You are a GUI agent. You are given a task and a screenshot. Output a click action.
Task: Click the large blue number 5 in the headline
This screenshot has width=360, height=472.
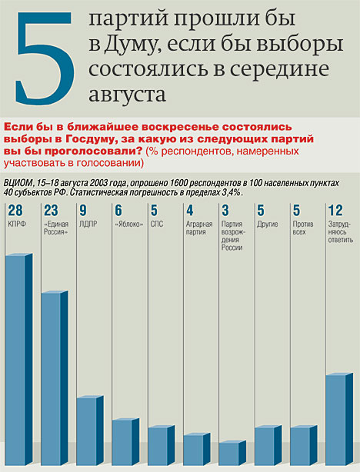click(45, 58)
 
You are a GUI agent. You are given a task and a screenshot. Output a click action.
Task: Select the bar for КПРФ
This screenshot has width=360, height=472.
click(19, 359)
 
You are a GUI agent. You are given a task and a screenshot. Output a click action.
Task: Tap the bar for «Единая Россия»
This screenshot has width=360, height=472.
click(55, 377)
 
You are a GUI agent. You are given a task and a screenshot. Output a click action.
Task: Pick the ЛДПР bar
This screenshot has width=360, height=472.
click(90, 430)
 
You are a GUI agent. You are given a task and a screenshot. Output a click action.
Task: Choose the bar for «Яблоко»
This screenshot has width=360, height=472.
click(125, 441)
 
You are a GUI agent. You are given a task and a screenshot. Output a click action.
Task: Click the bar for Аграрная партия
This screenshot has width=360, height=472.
click(197, 449)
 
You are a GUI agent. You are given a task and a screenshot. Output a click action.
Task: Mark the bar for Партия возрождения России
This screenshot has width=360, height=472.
click(232, 453)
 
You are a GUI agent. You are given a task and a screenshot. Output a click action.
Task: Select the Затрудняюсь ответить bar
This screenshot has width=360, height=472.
click(339, 419)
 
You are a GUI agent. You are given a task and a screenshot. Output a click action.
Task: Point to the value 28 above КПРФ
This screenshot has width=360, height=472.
click(15, 211)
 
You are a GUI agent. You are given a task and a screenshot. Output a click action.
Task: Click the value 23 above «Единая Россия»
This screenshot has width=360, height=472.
click(51, 211)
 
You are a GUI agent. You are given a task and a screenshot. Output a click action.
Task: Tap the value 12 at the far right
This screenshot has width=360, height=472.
click(335, 211)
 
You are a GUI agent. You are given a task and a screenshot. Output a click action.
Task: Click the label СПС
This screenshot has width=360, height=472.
click(157, 224)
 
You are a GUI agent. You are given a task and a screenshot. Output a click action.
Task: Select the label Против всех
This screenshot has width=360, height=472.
click(303, 228)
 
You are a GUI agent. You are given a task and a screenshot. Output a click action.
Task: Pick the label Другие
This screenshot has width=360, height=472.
click(268, 224)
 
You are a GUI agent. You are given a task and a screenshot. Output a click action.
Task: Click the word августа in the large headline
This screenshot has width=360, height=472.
click(127, 95)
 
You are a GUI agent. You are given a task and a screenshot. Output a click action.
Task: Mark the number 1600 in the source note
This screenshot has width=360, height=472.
click(179, 183)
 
